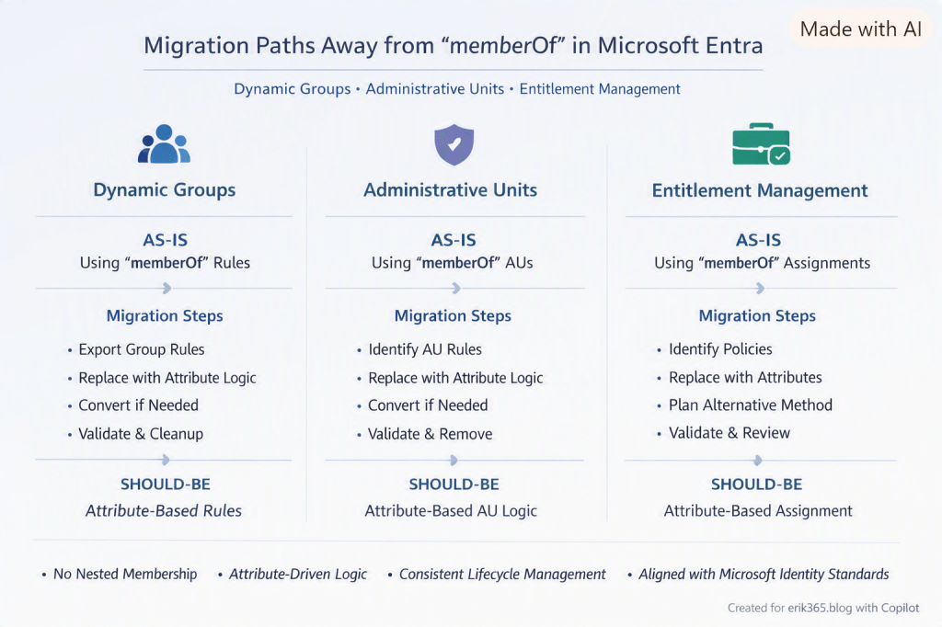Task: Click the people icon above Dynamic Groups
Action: [x=164, y=144]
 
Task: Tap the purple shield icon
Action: [x=454, y=144]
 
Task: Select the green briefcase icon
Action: [x=761, y=144]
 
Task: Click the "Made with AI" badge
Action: [x=860, y=28]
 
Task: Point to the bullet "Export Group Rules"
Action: [x=141, y=349]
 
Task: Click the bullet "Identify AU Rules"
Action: [x=425, y=349]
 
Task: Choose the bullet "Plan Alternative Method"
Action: [x=751, y=405]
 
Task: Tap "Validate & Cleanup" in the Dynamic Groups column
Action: [x=141, y=434]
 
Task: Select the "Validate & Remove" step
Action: [x=431, y=434]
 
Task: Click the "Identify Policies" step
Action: [x=720, y=349]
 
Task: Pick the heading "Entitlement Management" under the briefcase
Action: [x=760, y=190]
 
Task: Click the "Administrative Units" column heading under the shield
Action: [x=451, y=189]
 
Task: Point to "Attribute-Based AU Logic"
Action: [x=451, y=510]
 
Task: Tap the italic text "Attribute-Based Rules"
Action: [x=164, y=510]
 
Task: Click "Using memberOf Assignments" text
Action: [x=762, y=263]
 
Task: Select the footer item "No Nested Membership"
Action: [x=125, y=575]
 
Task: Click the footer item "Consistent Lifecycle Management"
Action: [x=502, y=575]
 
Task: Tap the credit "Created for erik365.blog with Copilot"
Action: [x=823, y=608]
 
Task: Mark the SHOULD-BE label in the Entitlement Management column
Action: [x=756, y=484]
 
